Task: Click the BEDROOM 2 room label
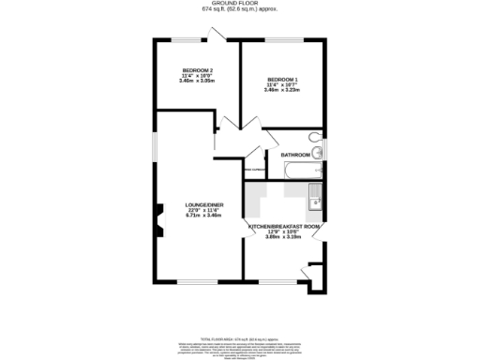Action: (x=197, y=71)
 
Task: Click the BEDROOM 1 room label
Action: (x=282, y=79)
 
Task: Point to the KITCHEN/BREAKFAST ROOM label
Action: (x=285, y=227)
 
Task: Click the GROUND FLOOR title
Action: (x=239, y=4)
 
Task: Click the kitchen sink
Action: (x=316, y=198)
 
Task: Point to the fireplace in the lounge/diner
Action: (x=159, y=225)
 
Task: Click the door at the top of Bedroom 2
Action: (x=216, y=35)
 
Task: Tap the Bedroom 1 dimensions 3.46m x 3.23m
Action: (x=282, y=90)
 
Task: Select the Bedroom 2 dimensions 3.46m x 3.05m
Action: (x=197, y=82)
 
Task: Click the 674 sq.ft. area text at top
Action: (x=239, y=10)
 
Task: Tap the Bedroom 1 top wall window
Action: (x=282, y=39)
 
